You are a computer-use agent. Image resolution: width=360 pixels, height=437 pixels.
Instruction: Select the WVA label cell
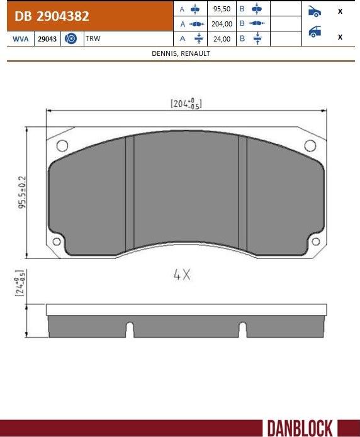[x=20, y=39]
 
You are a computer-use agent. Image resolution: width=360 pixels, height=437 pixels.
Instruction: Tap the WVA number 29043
[x=47, y=39]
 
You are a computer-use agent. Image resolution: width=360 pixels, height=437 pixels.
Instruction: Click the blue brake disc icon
[x=71, y=39]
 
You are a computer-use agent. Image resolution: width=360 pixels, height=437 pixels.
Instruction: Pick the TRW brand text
[x=93, y=39]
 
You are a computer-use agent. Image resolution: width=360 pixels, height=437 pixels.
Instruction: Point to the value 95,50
[x=222, y=9]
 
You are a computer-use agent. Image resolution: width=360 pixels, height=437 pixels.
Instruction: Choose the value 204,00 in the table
[x=222, y=24]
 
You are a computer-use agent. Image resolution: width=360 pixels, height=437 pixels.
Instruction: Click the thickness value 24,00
[x=222, y=38]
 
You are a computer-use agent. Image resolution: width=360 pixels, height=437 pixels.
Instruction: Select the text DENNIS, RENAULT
[x=181, y=53]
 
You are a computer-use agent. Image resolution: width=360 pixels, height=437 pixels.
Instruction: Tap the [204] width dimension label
[x=186, y=104]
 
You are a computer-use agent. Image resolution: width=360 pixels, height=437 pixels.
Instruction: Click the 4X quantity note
[x=182, y=275]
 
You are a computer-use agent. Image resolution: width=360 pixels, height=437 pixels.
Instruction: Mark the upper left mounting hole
[x=62, y=146]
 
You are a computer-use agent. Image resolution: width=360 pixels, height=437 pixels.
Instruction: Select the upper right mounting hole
[x=310, y=146]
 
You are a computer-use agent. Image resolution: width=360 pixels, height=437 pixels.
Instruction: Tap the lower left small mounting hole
[x=57, y=242]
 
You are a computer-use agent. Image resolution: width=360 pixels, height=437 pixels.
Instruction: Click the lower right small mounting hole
[x=315, y=242]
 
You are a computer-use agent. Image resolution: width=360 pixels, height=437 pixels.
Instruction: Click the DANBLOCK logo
[x=299, y=428]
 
